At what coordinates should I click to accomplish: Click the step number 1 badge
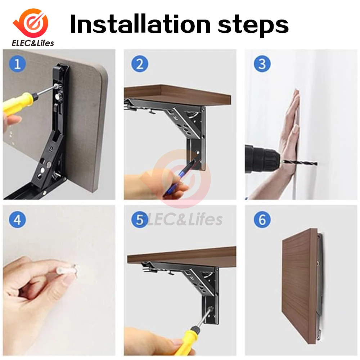(x=17, y=64)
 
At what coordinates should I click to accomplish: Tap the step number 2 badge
(x=140, y=64)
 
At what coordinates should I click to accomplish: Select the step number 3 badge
(x=262, y=64)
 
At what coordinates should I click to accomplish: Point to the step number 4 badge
(x=17, y=220)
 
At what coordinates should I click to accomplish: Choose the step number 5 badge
(x=140, y=220)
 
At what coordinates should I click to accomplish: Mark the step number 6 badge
(x=262, y=220)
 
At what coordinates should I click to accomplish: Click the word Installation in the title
(x=140, y=24)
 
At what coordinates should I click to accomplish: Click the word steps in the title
(x=253, y=26)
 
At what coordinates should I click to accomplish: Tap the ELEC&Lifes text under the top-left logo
(x=33, y=43)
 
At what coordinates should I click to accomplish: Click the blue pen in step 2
(x=181, y=177)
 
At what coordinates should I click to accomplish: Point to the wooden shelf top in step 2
(x=177, y=95)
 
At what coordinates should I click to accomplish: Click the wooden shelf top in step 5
(x=181, y=257)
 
